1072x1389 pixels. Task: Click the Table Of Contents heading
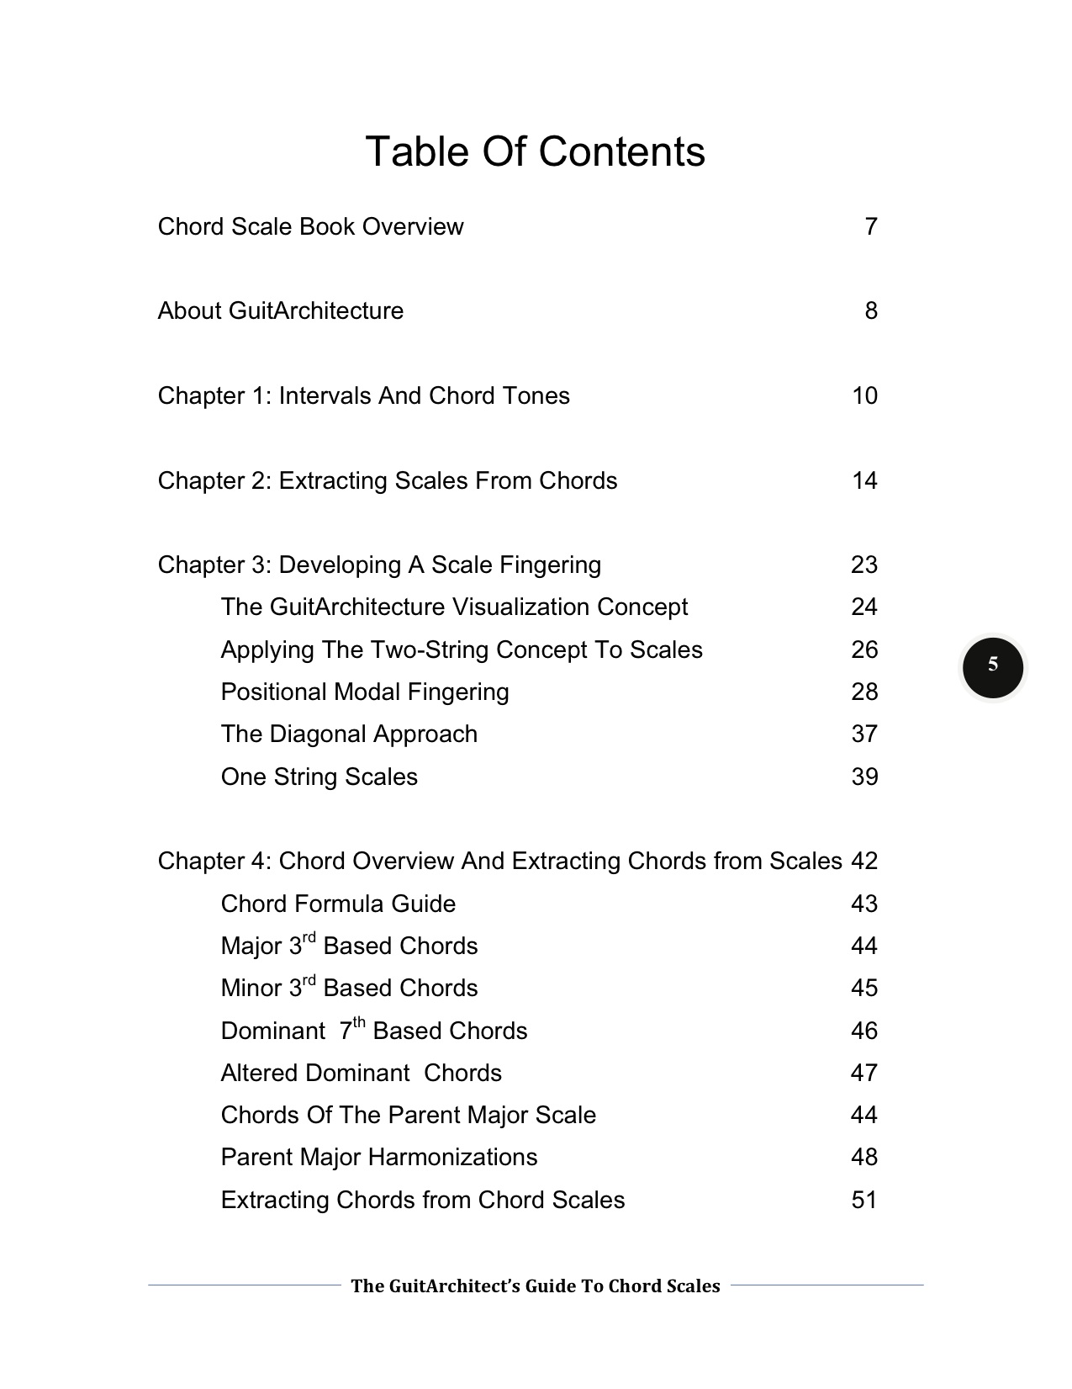pos(535,152)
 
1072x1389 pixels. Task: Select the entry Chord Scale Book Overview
pos(310,227)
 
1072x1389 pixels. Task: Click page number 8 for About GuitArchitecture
pos(870,311)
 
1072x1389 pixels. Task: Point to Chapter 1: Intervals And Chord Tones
pos(363,396)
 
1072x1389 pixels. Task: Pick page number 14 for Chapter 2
pos(863,481)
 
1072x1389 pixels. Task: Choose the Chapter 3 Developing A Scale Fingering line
pos(379,565)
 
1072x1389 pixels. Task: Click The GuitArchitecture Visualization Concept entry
pos(454,607)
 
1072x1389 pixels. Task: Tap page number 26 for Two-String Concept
pos(863,650)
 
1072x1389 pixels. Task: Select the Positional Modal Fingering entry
pos(365,692)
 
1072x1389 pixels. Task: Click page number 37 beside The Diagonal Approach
pos(863,734)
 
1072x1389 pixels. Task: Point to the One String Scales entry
pos(319,777)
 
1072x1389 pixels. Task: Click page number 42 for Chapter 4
pos(863,861)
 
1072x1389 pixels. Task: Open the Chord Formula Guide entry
pos(338,904)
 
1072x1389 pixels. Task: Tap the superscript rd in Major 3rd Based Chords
pos(309,938)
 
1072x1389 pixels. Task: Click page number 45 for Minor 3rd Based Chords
pos(863,989)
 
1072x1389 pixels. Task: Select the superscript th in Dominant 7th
pos(359,1023)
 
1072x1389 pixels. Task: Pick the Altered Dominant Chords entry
pos(361,1074)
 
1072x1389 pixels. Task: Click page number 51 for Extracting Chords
pos(863,1201)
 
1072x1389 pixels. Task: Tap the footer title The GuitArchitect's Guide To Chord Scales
pos(535,1286)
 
